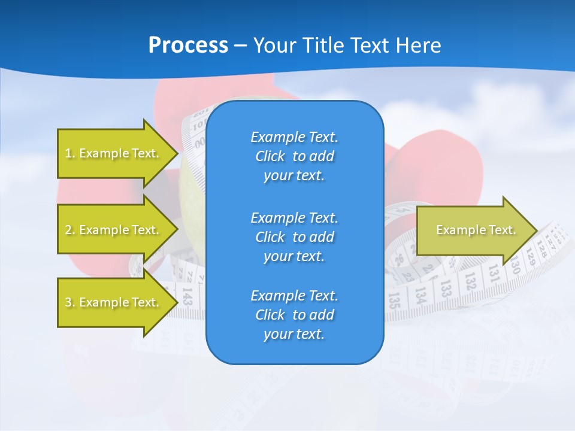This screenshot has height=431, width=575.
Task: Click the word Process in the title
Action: coord(188,45)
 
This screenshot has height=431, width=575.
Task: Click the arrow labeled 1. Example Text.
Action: coord(114,153)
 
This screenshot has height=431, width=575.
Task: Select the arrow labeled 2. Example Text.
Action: coord(114,230)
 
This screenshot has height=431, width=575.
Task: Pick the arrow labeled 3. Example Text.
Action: coord(114,302)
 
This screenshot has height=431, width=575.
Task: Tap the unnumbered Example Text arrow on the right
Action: coord(467,230)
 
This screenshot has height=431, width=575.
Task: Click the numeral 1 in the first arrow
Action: coord(68,154)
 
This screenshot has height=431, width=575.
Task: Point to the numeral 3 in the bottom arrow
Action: coord(68,303)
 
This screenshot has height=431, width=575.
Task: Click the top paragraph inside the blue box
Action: coord(294,156)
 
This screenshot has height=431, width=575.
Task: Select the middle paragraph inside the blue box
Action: coord(294,237)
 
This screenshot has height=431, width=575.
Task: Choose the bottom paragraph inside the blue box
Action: coord(294,315)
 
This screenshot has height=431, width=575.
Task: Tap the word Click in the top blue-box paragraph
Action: coord(270,156)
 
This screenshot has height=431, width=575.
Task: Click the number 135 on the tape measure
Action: coord(394,300)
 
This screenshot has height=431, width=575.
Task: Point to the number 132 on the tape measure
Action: coord(470,280)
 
